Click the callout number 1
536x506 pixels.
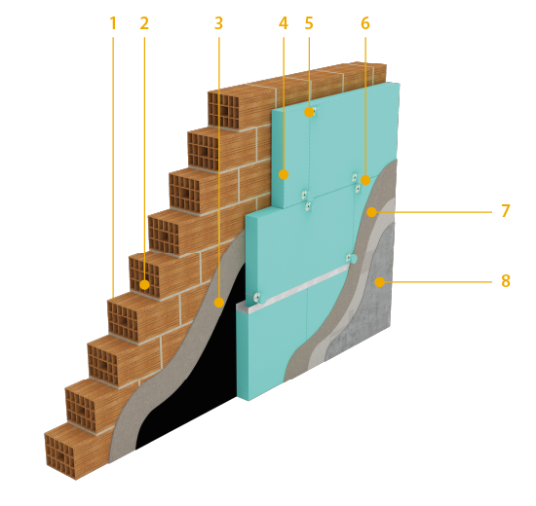[113, 23]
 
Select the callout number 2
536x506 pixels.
[144, 23]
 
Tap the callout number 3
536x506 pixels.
[218, 23]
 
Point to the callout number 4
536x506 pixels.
[284, 23]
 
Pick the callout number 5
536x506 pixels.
[309, 23]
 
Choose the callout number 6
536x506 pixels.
[365, 23]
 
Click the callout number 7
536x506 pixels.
[506, 211]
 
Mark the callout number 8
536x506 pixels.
[506, 281]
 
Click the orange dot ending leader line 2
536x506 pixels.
[144, 284]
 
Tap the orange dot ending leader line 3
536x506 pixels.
[218, 303]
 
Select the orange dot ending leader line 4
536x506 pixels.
[284, 174]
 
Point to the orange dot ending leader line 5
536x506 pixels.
[309, 112]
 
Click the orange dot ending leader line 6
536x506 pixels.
[365, 180]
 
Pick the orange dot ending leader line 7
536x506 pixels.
[371, 212]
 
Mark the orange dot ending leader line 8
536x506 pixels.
[379, 282]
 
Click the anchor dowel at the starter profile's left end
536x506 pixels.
[257, 298]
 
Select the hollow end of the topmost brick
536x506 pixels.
[223, 110]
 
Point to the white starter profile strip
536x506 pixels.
[294, 290]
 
